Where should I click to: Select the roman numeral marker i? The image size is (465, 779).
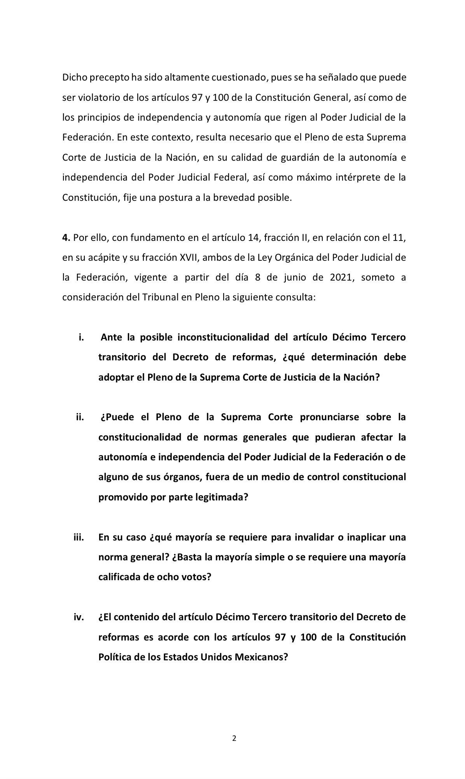(x=81, y=337)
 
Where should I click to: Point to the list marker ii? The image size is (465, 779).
(x=80, y=418)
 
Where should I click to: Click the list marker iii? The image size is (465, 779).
(x=79, y=537)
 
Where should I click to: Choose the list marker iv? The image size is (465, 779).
(x=79, y=617)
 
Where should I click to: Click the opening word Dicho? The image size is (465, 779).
(x=75, y=77)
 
